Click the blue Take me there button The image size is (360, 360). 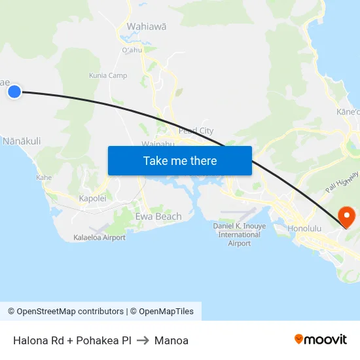pyautogui.click(x=180, y=160)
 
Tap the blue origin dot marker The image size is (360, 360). pyautogui.click(x=14, y=92)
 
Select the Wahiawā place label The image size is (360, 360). pyautogui.click(x=147, y=27)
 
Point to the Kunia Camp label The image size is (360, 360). pyautogui.click(x=108, y=75)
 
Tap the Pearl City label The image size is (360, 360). pyautogui.click(x=196, y=131)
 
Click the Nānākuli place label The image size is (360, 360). pyautogui.click(x=22, y=141)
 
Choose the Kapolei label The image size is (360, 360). pyautogui.click(x=92, y=198)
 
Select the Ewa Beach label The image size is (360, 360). pyautogui.click(x=158, y=216)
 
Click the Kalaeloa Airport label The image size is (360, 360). pyautogui.click(x=99, y=238)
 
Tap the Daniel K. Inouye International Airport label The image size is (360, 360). pyautogui.click(x=240, y=234)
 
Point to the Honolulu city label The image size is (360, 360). pyautogui.click(x=304, y=228)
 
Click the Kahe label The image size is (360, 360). pyautogui.click(x=44, y=177)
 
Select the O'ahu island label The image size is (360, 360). pyautogui.click(x=132, y=50)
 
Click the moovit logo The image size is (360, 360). pyautogui.click(x=321, y=339)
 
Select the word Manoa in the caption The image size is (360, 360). pyautogui.click(x=171, y=340)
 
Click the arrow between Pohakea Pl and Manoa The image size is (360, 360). pyautogui.click(x=143, y=340)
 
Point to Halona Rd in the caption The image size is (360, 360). pyautogui.click(x=40, y=340)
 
